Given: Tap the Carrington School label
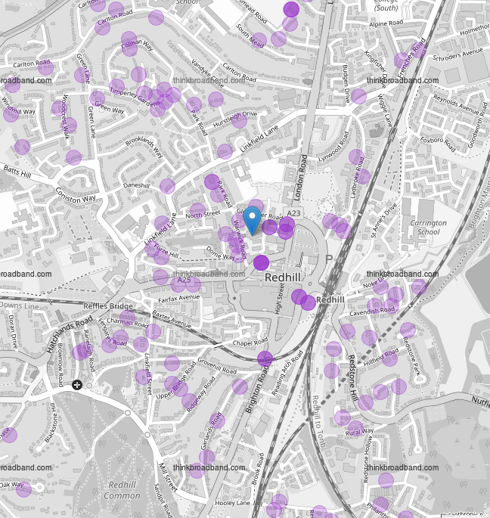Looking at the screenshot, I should pyautogui.click(x=429, y=228).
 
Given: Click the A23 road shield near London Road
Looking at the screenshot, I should pyautogui.click(x=293, y=215).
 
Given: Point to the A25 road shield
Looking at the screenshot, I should pyautogui.click(x=181, y=281).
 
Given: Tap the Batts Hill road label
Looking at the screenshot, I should pyautogui.click(x=17, y=175).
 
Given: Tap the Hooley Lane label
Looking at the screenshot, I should pyautogui.click(x=233, y=503).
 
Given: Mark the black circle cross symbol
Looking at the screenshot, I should pyautogui.click(x=77, y=386).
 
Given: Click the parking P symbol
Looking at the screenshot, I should pyautogui.click(x=329, y=259).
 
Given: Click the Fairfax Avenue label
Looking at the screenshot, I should pyautogui.click(x=178, y=296).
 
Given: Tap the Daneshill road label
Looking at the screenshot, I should pyautogui.click(x=136, y=185).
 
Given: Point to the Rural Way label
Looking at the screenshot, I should pyautogui.click(x=360, y=433).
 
